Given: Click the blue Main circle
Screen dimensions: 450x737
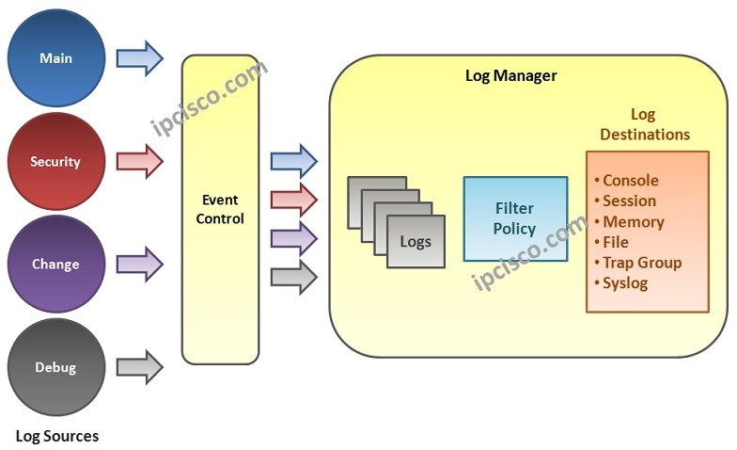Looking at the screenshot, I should [55, 58].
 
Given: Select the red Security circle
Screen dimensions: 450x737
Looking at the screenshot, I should [55, 162].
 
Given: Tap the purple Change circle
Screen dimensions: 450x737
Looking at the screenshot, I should [55, 265].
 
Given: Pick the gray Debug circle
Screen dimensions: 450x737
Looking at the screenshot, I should [55, 367].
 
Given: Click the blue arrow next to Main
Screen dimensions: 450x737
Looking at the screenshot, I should [139, 58].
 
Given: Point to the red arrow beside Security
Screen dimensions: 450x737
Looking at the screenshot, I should [139, 162].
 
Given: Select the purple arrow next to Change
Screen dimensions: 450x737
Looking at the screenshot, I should [139, 265].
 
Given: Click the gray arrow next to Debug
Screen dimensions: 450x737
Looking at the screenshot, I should [139, 367].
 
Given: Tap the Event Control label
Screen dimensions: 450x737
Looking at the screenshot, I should [220, 209].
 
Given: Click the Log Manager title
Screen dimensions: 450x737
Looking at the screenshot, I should [511, 75].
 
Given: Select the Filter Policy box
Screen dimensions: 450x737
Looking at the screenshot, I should [515, 218].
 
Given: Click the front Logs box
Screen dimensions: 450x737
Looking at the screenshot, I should [415, 241].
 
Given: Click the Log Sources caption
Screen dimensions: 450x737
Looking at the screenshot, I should [57, 436].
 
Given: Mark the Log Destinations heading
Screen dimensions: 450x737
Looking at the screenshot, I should [645, 124].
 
